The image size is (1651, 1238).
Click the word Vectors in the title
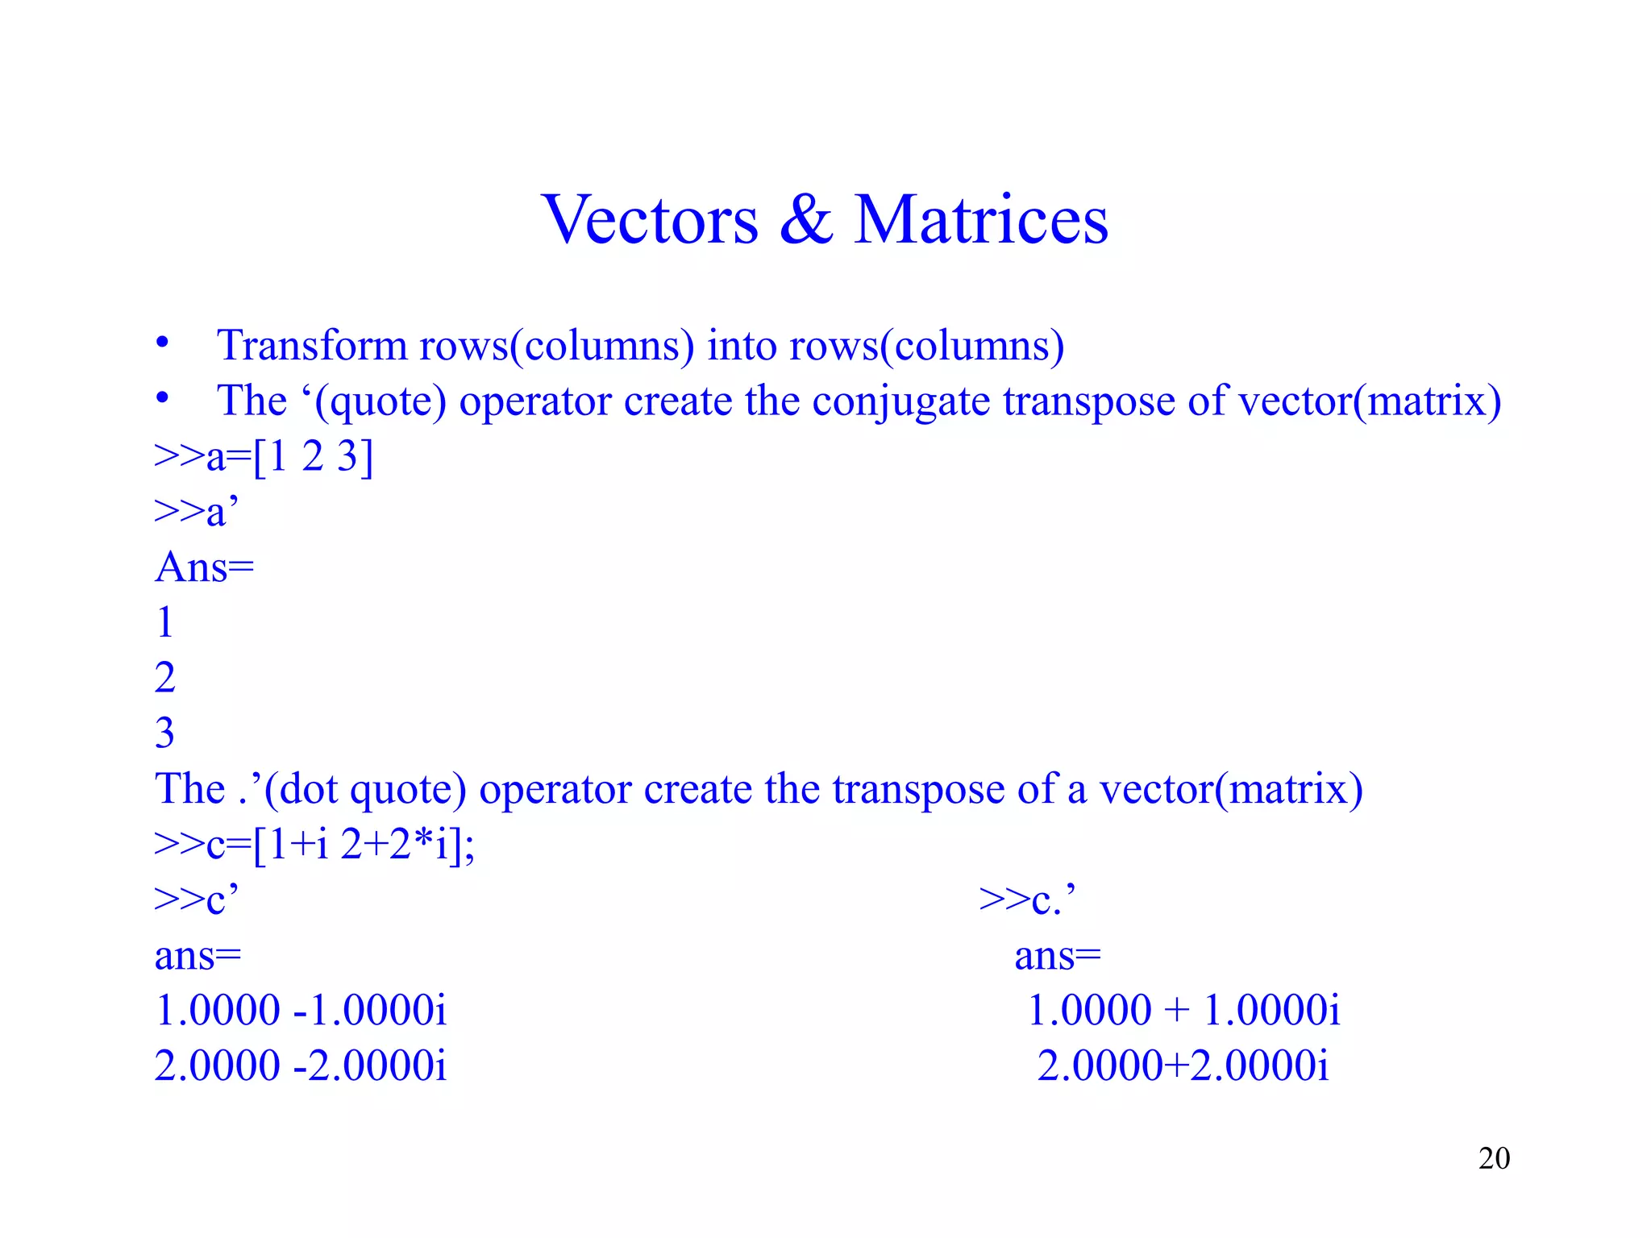(650, 220)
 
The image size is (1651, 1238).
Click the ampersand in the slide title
(805, 220)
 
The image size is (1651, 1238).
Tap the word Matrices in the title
(981, 220)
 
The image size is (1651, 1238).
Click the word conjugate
(900, 401)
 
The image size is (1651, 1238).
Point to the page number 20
(1494, 1158)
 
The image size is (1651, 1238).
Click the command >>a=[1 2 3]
(264, 457)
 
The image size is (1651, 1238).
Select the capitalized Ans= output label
(205, 567)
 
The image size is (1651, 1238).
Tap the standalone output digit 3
(164, 733)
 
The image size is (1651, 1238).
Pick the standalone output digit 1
(164, 623)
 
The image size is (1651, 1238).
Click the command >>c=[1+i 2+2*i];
(314, 845)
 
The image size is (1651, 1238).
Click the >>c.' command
(1027, 899)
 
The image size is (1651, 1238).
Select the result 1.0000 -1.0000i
(301, 1011)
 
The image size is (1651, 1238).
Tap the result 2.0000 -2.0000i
(301, 1066)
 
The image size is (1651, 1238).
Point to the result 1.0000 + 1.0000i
(1183, 1011)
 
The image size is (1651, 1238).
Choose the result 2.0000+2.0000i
(1183, 1066)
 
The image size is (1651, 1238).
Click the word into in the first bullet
(741, 346)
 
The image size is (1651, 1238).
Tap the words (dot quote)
(365, 789)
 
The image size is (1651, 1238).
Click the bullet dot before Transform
(163, 343)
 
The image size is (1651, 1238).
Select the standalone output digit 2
(164, 678)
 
